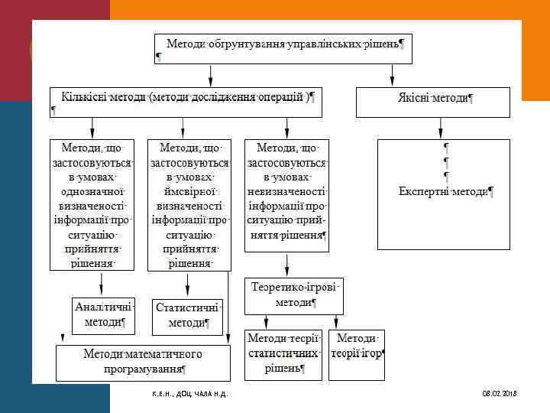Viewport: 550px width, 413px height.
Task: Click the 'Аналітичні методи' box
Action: point(103,314)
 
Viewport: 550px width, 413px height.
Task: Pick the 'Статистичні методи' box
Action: point(187,315)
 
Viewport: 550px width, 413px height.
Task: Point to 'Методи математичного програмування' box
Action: point(143,362)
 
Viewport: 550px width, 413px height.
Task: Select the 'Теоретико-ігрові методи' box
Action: point(294,295)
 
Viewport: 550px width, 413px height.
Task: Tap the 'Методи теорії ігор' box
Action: point(356,346)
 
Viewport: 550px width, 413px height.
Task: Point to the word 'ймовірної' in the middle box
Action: point(187,191)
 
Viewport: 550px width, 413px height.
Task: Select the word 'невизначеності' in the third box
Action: point(286,191)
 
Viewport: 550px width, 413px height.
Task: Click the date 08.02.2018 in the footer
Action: point(500,393)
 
